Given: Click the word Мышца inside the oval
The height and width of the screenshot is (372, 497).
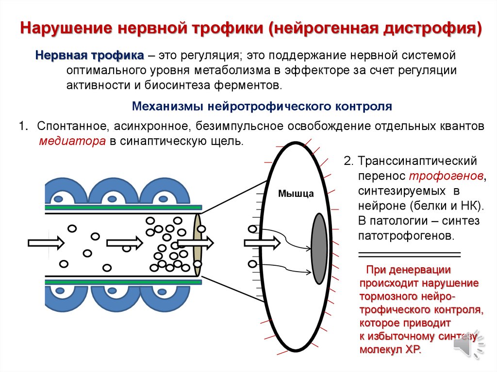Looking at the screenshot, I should (x=296, y=194).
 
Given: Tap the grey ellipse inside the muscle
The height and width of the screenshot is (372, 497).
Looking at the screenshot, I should (x=319, y=248).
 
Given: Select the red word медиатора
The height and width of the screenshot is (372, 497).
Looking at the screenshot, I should (x=72, y=142).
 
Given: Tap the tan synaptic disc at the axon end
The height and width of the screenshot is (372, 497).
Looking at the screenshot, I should (x=197, y=245).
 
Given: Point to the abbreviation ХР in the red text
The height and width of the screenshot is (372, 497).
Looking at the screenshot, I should (x=413, y=350).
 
